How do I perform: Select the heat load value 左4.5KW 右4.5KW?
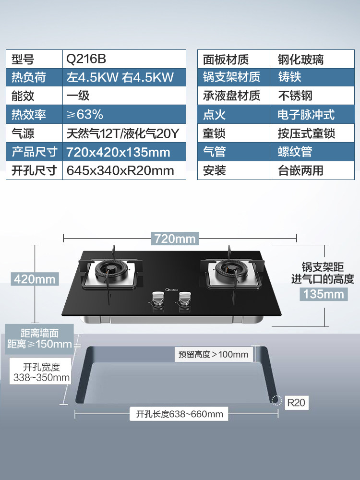[x=120, y=77]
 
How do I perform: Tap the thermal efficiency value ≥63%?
[x=85, y=115]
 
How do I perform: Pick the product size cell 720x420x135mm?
[x=119, y=152]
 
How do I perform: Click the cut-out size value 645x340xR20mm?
[x=120, y=170]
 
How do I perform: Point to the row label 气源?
[x=23, y=133]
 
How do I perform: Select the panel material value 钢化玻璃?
[x=301, y=59]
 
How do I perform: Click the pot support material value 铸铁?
[x=290, y=77]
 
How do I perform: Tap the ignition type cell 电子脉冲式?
[x=306, y=115]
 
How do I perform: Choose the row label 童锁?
[x=214, y=133]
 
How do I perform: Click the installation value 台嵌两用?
[x=301, y=170]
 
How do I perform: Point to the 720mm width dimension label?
[x=175, y=238]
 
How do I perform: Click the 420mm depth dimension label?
[x=35, y=279]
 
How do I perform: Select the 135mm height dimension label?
[x=324, y=294]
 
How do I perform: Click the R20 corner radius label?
[x=296, y=402]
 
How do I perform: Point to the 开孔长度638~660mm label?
[x=179, y=414]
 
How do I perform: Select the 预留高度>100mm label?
[x=214, y=355]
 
